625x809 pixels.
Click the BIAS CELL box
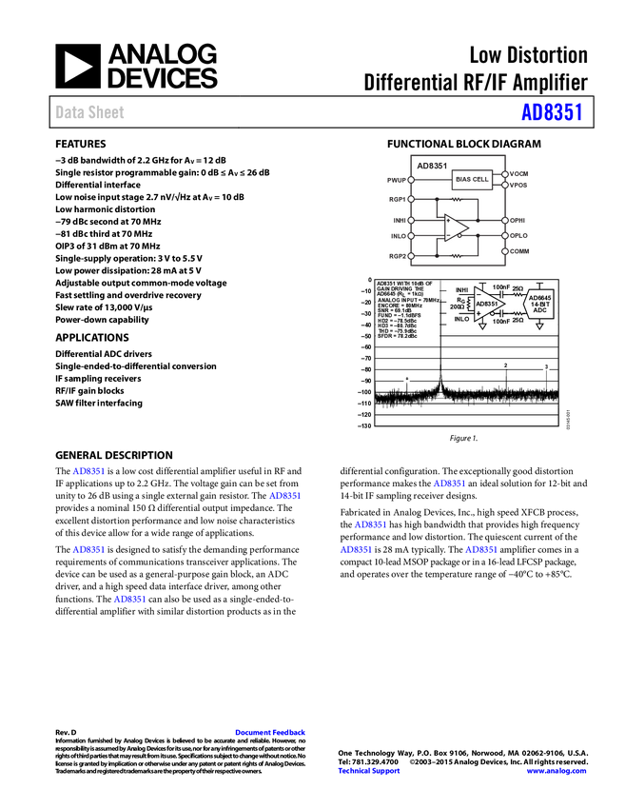[x=472, y=179]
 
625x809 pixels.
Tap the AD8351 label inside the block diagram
[x=432, y=166]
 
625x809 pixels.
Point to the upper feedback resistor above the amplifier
[x=457, y=201]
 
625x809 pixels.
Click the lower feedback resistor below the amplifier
[x=457, y=255]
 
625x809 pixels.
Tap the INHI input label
[x=461, y=289]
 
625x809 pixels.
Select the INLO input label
[x=461, y=319]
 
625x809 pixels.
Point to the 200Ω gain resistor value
[x=457, y=307]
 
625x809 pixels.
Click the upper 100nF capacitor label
[x=501, y=287]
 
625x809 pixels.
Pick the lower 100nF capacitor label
[x=501, y=322]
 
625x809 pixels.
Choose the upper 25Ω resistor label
[x=518, y=287]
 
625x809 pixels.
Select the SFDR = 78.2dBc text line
[x=397, y=337]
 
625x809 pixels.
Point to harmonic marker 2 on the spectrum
[x=505, y=365]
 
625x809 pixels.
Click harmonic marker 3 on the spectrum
[x=546, y=366]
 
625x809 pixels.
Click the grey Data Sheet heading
[x=90, y=112]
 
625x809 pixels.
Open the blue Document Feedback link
[x=271, y=733]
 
